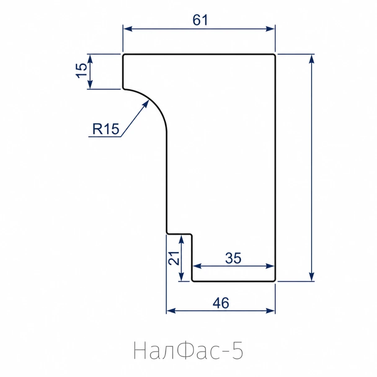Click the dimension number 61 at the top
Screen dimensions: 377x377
[x=200, y=20]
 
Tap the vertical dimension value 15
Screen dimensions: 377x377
[x=82, y=70]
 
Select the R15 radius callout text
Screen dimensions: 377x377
[x=106, y=129]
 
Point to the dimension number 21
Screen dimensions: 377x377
[x=173, y=258]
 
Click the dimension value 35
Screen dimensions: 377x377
[x=233, y=258]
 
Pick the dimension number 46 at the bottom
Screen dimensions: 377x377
[x=221, y=303]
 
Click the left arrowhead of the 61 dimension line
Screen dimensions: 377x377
[x=127, y=29]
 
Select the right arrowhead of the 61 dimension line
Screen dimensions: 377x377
[x=270, y=29]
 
